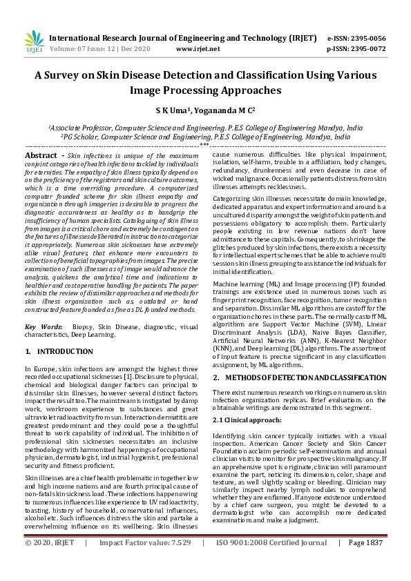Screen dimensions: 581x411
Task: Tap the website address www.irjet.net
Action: [x=198, y=49]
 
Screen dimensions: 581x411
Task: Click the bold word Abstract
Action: [x=40, y=157]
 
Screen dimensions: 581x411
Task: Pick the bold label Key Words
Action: [x=43, y=326]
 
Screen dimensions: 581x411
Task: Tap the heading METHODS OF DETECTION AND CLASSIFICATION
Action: [x=302, y=377]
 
